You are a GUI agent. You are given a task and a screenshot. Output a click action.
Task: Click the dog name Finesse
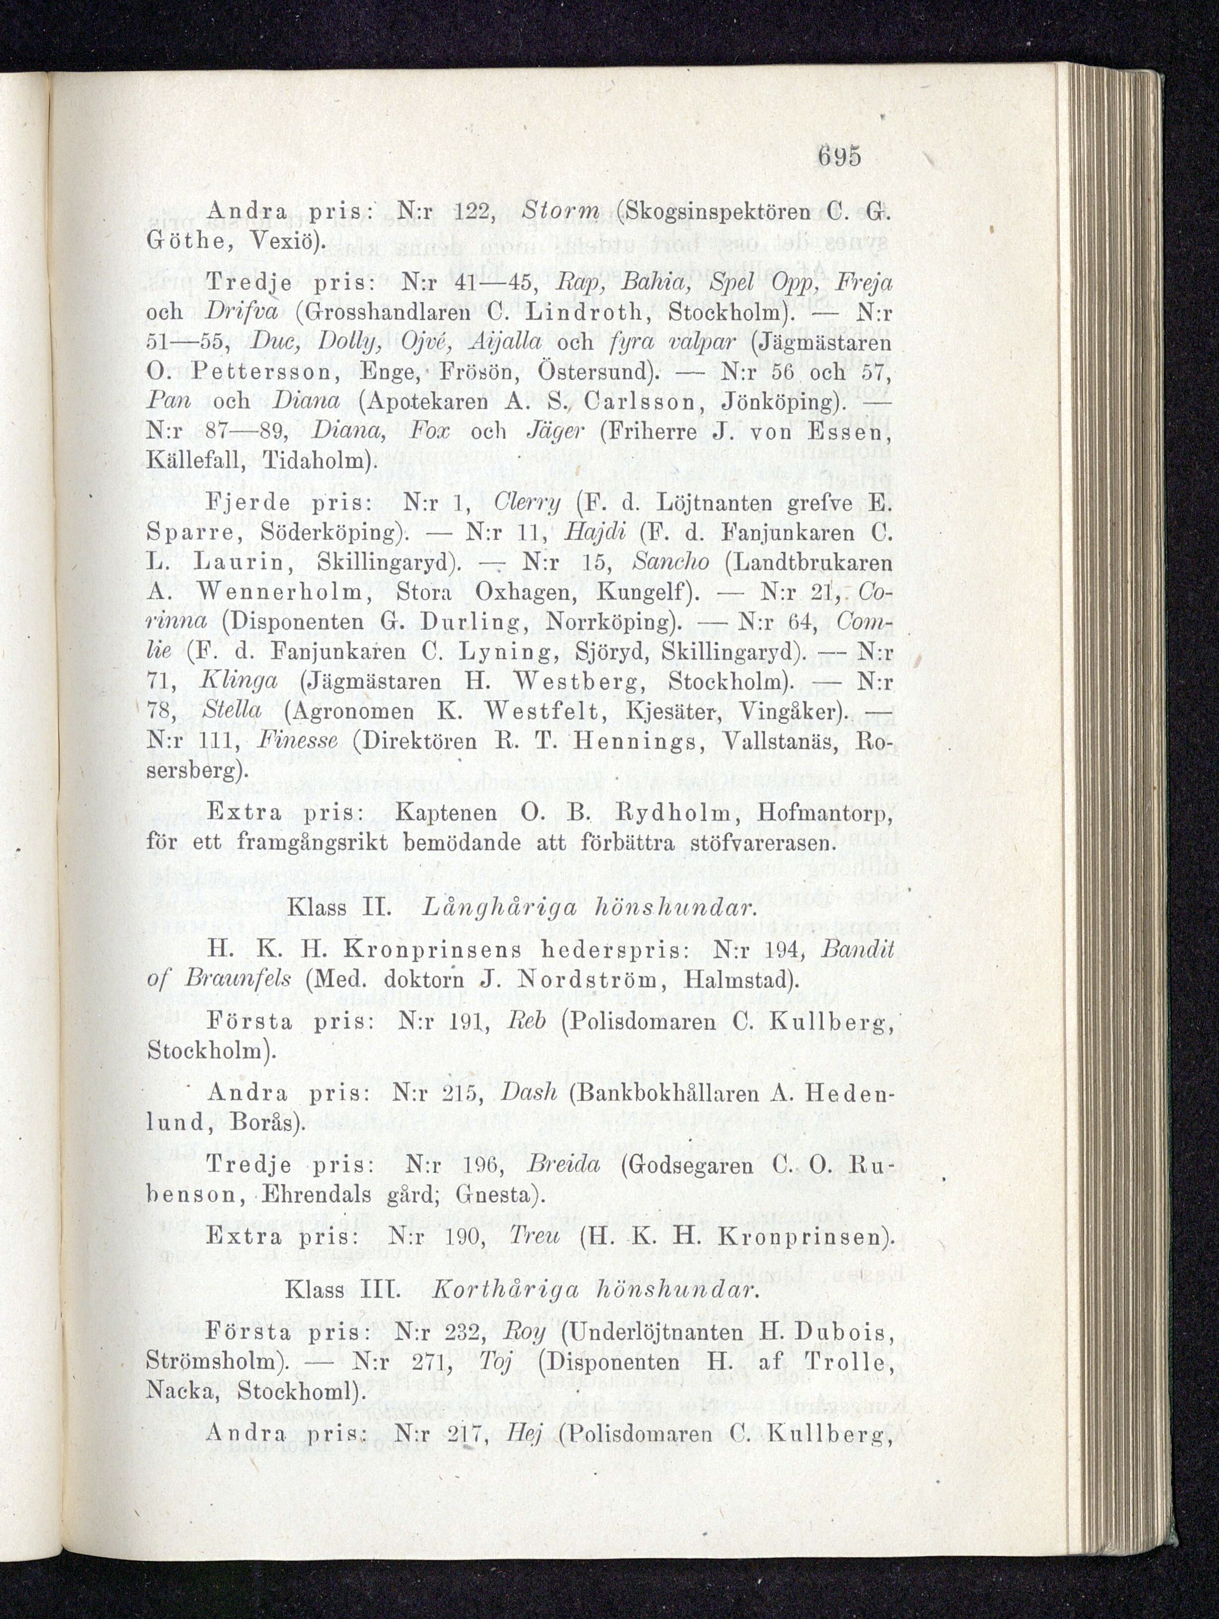click(x=298, y=740)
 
